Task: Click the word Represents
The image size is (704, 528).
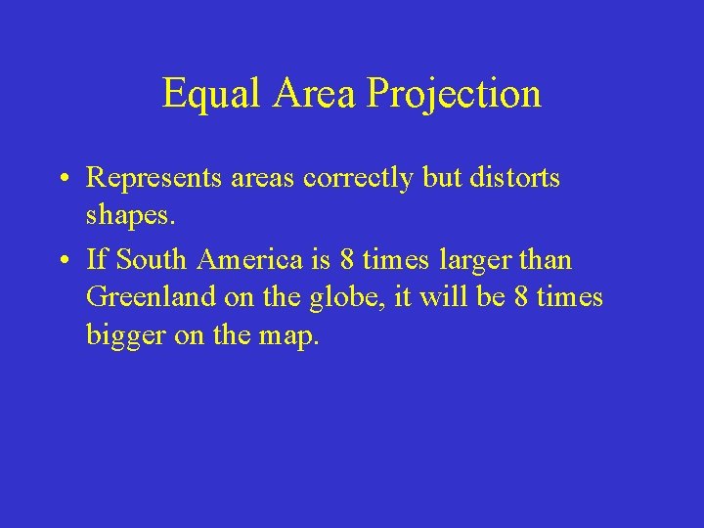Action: point(143,178)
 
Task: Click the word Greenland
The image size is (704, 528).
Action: point(148,295)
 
